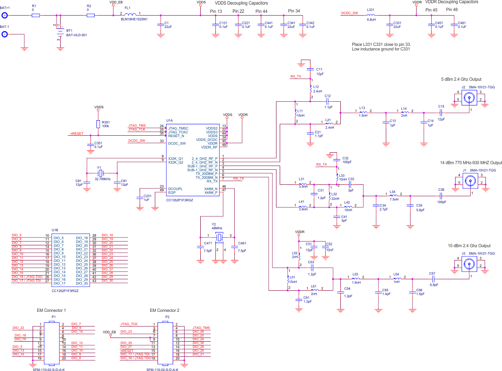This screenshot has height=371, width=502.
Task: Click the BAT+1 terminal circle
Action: point(5,15)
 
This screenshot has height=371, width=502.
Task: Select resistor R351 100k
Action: point(98,124)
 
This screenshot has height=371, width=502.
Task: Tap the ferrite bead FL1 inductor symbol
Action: point(130,14)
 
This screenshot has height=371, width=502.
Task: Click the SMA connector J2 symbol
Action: point(469,97)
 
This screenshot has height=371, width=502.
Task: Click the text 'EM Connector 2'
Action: point(164,310)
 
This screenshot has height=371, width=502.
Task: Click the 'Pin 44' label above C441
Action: point(261,11)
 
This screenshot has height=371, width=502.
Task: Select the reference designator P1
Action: point(53,317)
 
